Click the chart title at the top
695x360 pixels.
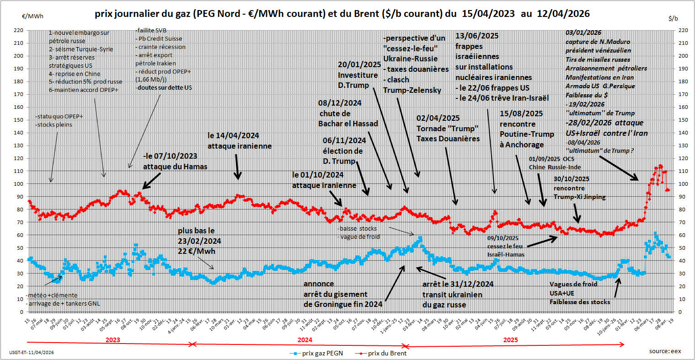342,14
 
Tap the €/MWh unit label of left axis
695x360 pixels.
33,16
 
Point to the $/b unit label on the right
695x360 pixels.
673,18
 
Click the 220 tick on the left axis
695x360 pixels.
18,30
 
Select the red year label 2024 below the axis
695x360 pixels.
305,340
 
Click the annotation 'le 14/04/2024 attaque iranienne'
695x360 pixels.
240,141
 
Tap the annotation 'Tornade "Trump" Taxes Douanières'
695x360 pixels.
448,134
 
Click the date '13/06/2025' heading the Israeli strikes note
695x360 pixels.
477,36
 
